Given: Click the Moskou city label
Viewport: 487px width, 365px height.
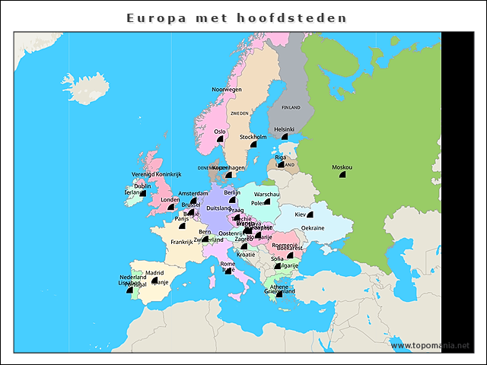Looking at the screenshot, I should tap(342, 167).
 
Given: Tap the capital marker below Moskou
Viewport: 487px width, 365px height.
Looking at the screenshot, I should tap(342, 175).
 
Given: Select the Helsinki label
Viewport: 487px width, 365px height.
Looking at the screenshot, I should tap(284, 129).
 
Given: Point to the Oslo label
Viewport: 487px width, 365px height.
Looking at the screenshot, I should tap(220, 132).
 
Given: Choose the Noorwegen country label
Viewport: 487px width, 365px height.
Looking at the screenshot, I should tap(226, 90).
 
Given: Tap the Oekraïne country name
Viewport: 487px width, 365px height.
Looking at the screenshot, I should tap(313, 228).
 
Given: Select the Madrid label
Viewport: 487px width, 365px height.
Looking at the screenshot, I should tap(154, 272).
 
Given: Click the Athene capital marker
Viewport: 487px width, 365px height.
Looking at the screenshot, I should tap(279, 294).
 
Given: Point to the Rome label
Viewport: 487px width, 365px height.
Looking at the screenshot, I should tap(228, 264).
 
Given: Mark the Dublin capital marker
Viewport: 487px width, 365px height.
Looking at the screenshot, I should tap(142, 193).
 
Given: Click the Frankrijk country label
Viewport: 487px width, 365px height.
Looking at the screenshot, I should tap(182, 242).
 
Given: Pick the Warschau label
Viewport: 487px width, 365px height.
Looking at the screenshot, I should tap(267, 195).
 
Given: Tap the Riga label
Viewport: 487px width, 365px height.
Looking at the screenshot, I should tap(280, 157).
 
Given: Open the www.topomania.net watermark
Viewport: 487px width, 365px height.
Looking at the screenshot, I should tap(431, 346).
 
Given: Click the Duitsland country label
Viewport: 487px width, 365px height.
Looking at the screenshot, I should tap(218, 208).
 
